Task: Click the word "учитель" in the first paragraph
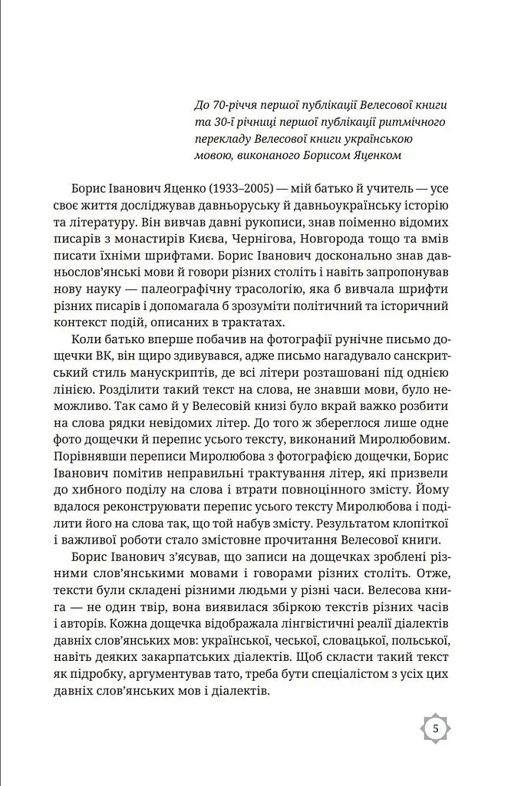tap(391, 189)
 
